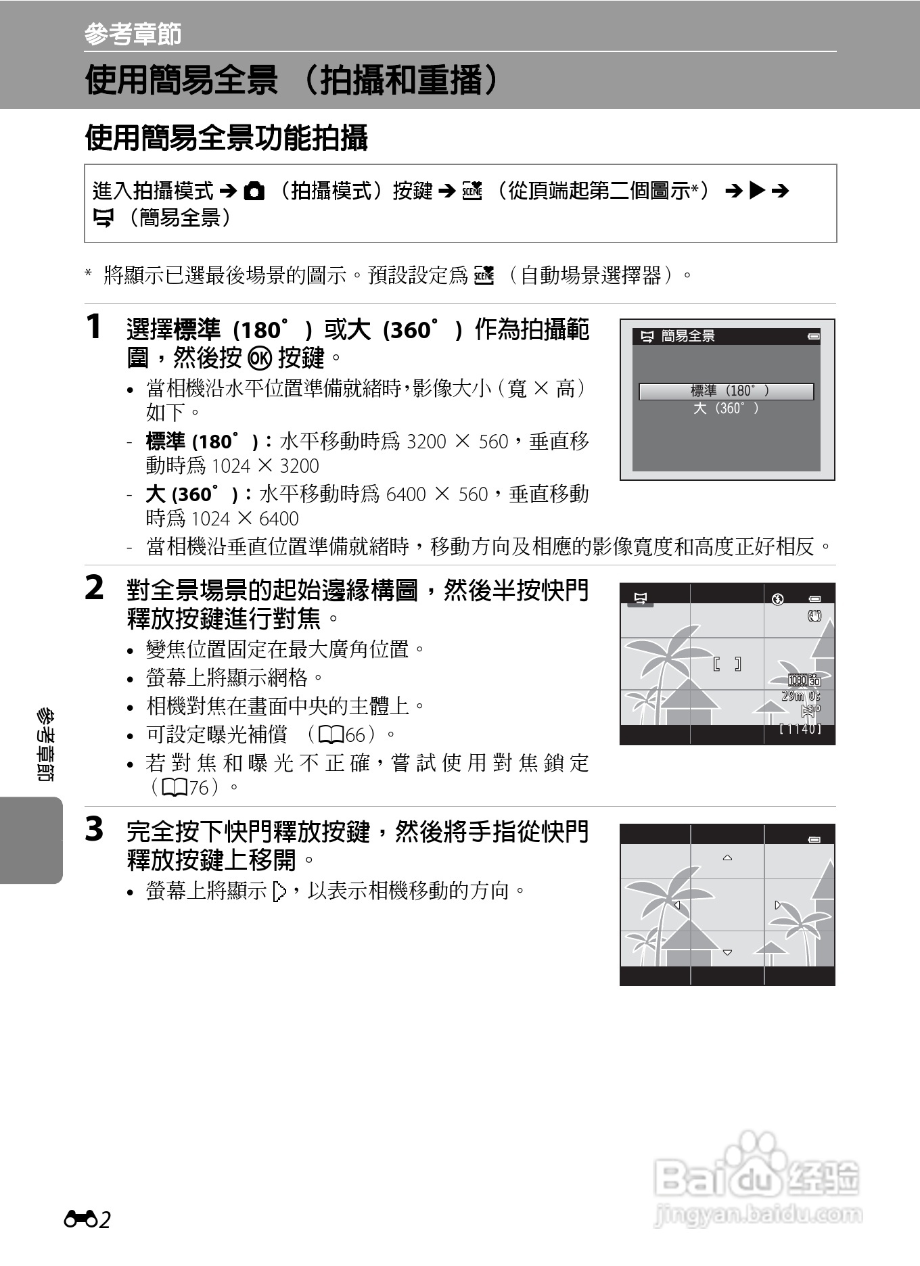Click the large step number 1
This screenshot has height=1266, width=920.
(95, 327)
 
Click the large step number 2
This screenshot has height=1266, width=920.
(95, 588)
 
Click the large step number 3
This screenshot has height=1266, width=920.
(95, 829)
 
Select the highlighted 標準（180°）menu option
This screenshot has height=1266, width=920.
(727, 391)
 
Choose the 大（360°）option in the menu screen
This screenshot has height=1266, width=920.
(727, 408)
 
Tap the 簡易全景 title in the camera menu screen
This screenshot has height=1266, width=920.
(687, 336)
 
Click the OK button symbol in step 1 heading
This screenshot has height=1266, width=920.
(259, 358)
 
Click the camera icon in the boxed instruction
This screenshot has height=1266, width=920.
(254, 192)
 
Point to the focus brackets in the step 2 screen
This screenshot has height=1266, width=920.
(727, 664)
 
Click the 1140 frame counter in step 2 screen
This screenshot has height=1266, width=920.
(800, 729)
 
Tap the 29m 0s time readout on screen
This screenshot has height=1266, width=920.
(801, 696)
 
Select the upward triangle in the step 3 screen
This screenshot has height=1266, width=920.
(727, 858)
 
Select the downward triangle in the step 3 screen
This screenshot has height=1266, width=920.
(727, 952)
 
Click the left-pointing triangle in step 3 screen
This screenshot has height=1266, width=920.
(676, 906)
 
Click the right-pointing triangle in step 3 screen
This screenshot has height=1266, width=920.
(778, 905)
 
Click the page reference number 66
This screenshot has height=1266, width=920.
(356, 734)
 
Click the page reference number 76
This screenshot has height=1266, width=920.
(199, 788)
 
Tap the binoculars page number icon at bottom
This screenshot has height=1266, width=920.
(80, 1219)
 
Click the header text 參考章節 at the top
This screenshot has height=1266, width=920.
(133, 34)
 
